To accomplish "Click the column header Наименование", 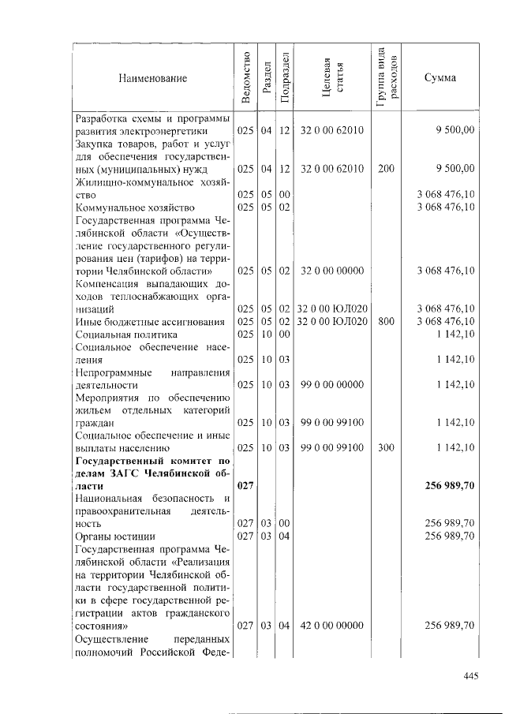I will [153, 77].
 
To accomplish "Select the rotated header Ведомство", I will [245, 77].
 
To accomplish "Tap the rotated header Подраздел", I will [286, 77].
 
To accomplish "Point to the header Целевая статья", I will [331, 77].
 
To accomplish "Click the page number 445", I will [471, 675].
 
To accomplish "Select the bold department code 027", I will [245, 486].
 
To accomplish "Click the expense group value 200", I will [386, 168].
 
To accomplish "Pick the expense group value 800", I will [386, 321].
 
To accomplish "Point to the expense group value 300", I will [386, 448].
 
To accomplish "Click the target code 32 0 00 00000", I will [331, 270].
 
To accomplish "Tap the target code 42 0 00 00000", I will [331, 626].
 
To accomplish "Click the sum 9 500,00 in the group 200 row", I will [454, 168].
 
